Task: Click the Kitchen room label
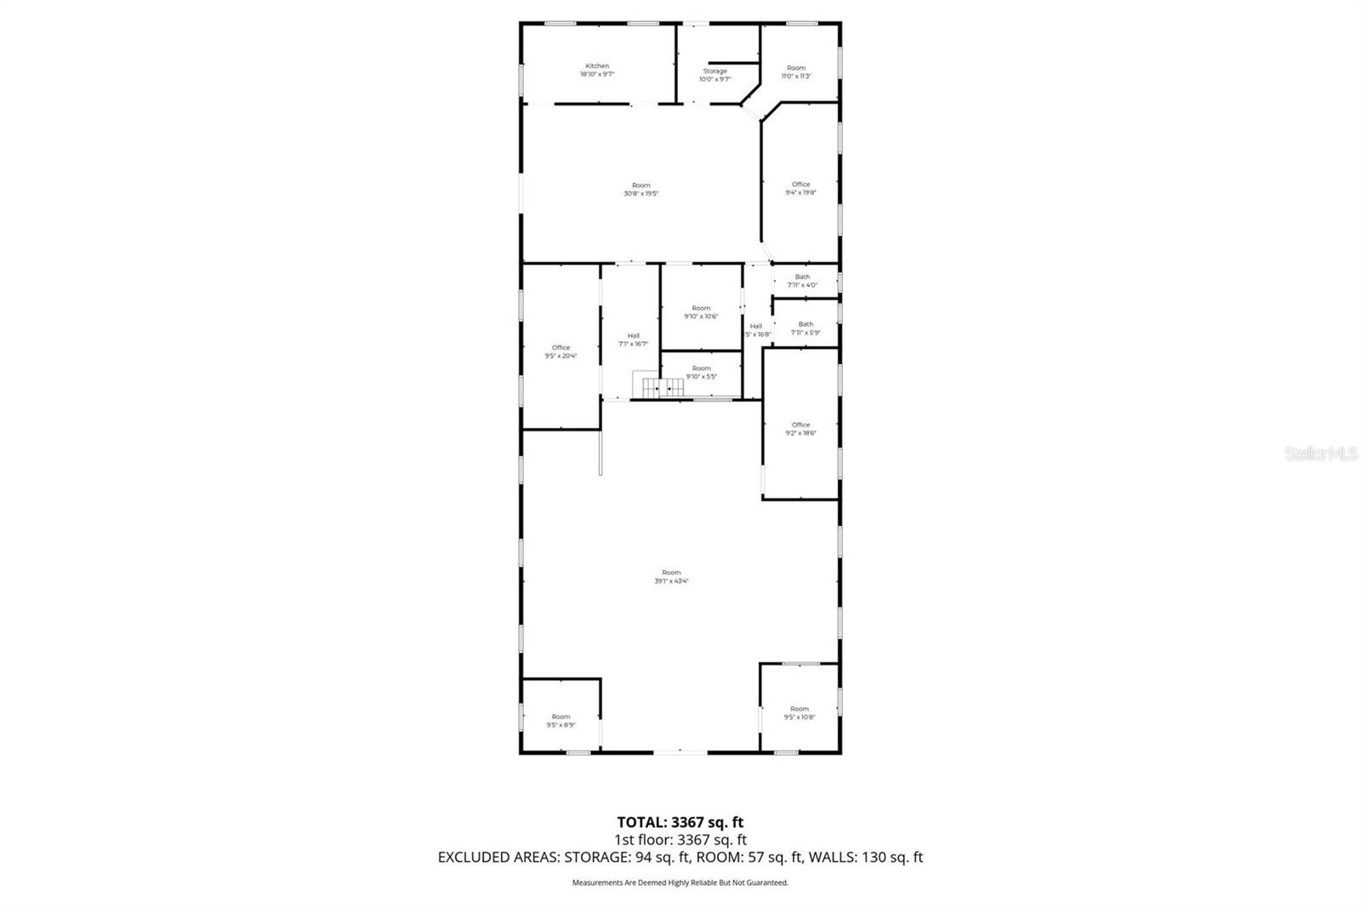point(597,70)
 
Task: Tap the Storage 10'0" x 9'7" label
point(715,75)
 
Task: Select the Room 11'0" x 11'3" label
point(796,71)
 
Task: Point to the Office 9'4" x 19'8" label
point(800,188)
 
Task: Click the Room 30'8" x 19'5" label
point(641,189)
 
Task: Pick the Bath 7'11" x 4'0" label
point(802,281)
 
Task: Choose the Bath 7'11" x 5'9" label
point(806,328)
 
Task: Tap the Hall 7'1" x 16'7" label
point(633,339)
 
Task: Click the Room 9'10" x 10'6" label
point(701,312)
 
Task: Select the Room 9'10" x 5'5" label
point(701,372)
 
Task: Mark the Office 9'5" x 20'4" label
point(561,351)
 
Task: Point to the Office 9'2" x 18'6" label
point(800,429)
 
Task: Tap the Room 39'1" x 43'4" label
point(671,577)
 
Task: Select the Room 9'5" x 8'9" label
point(561,721)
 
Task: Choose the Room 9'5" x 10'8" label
point(799,713)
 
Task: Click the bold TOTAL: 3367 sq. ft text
point(680,822)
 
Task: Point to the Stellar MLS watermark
point(1320,454)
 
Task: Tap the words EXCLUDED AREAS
point(498,857)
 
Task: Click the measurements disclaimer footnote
point(680,882)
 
